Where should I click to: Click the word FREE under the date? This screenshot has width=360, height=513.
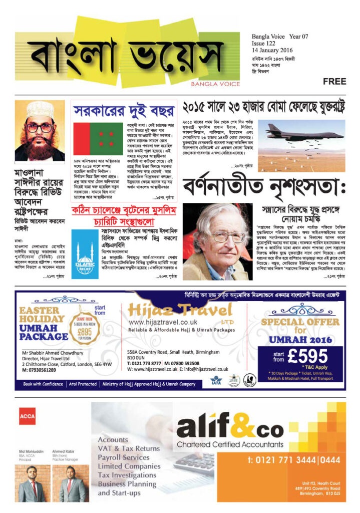(x=335, y=81)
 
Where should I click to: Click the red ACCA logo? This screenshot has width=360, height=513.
(x=27, y=416)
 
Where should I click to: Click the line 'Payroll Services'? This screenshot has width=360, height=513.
(x=123, y=457)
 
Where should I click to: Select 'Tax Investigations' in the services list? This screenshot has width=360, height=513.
(x=128, y=475)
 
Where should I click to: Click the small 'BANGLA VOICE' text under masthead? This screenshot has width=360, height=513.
(x=215, y=84)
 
